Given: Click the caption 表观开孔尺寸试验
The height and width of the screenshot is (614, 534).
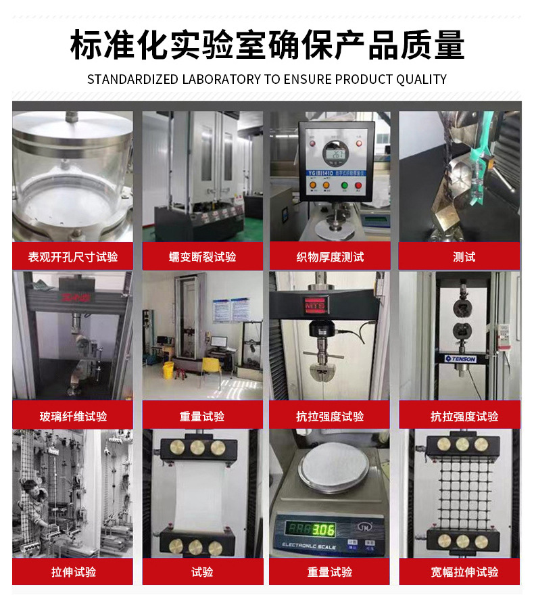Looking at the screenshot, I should click(72, 257).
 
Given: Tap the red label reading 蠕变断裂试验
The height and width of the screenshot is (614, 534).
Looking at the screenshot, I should click(202, 257).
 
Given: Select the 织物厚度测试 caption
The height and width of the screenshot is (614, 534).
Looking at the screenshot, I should click(330, 257).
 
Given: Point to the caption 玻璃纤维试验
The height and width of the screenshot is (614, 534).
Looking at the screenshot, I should click(72, 416).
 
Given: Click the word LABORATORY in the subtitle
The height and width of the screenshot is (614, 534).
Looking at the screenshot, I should click(221, 79).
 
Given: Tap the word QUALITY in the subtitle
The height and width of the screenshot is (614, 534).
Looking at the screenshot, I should click(421, 79).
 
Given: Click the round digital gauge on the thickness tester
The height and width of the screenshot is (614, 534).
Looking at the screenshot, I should click(334, 155).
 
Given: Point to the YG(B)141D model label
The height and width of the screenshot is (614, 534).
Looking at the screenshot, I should click(324, 172).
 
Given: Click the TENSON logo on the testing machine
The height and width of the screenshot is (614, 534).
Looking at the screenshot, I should click(460, 358).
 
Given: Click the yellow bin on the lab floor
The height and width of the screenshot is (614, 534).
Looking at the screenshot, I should click(168, 370).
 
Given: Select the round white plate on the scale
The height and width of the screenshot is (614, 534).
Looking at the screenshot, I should click(329, 467).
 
